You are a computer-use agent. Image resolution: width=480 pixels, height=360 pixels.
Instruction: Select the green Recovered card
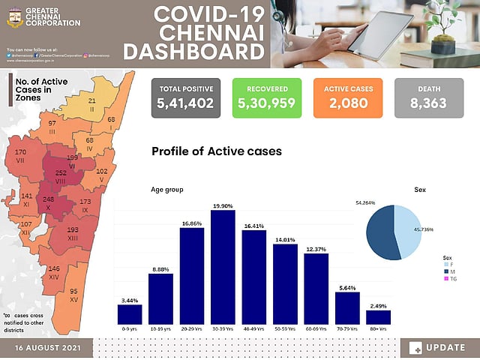266,97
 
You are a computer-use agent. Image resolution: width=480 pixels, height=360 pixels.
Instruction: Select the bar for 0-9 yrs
130,314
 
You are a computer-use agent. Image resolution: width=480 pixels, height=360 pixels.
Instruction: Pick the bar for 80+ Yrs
378,317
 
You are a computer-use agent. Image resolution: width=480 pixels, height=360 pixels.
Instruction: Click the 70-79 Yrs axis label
347,328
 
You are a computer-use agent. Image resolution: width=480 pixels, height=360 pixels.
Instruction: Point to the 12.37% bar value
316,249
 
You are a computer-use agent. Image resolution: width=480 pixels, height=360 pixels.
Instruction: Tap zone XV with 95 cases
73,295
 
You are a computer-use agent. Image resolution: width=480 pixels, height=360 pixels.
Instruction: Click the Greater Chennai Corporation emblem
14,17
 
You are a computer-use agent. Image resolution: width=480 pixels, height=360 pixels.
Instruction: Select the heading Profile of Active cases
216,151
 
